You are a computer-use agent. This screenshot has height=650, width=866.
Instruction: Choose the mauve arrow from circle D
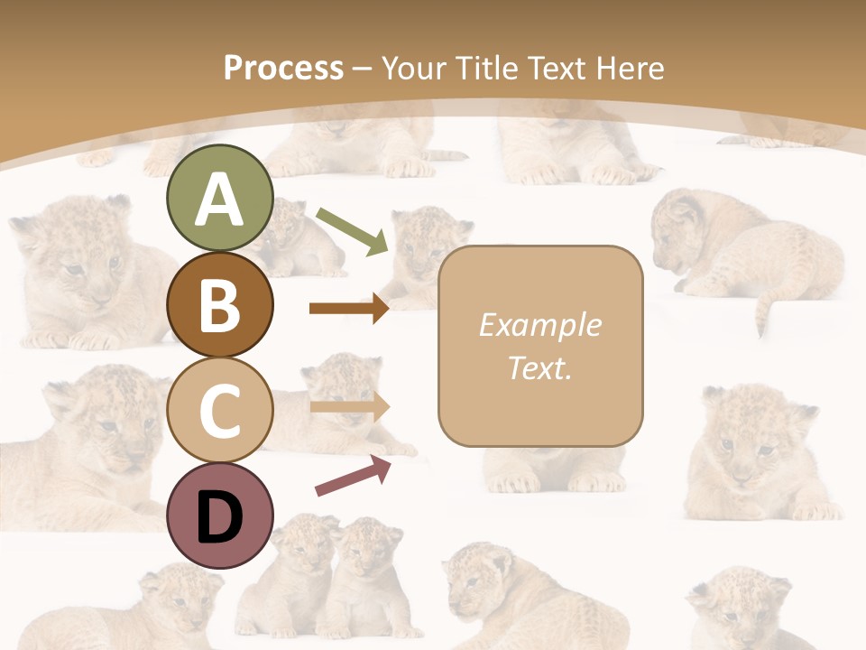coord(353,477)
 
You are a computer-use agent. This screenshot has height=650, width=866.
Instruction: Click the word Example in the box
coord(539,325)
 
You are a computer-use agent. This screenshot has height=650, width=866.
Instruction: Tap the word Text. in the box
coord(539,367)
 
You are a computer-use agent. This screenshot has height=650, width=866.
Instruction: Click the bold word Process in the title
coord(283,68)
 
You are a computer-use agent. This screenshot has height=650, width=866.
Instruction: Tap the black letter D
coord(219,517)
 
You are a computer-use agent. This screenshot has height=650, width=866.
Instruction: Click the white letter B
coord(219,305)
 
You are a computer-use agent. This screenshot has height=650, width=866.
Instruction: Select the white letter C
coord(219,411)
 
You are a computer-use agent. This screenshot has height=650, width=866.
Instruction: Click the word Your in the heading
coord(415,68)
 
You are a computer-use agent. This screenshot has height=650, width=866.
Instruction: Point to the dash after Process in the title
coord(363,69)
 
